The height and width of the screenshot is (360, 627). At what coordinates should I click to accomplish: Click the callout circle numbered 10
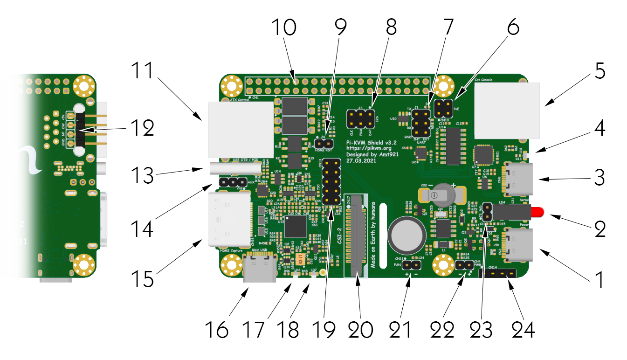click(x=284, y=28)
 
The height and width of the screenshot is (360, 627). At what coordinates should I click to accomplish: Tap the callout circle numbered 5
click(x=600, y=72)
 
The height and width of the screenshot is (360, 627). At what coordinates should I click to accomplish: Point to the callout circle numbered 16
click(x=216, y=330)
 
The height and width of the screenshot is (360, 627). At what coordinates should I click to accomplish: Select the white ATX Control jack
click(x=241, y=129)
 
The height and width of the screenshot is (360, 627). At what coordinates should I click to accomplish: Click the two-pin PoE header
click(x=442, y=108)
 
